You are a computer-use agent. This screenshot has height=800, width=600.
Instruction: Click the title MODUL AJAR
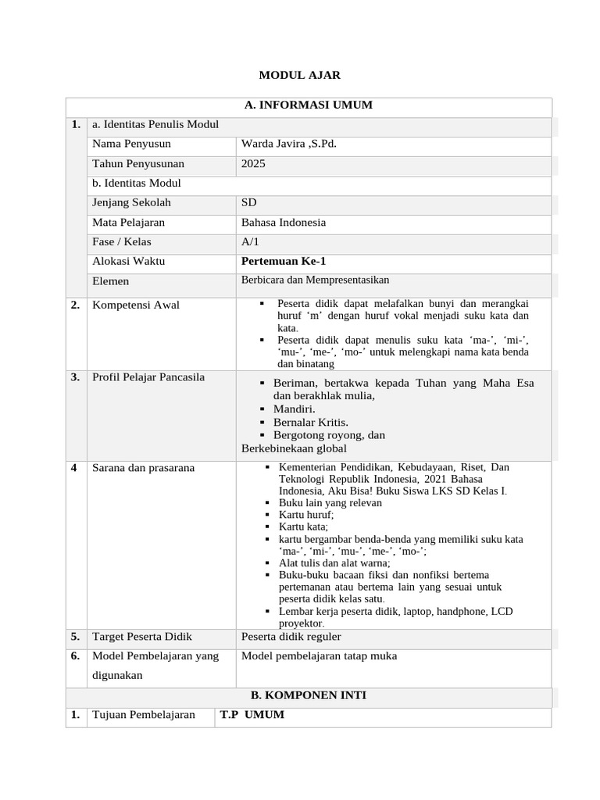(300, 75)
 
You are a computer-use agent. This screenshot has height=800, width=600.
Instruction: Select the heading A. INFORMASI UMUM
(309, 105)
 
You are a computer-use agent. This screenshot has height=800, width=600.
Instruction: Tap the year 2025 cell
(253, 163)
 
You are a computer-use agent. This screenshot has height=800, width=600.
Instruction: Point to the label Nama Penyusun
(131, 144)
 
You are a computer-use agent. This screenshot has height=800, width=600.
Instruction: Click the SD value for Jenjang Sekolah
(249, 202)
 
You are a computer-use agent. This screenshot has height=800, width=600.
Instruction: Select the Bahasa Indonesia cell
(284, 222)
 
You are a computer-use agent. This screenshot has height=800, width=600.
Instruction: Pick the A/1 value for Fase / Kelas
(250, 241)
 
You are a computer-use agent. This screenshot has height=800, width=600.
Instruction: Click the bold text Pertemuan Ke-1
(284, 261)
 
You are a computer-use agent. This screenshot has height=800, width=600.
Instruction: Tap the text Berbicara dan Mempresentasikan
(315, 280)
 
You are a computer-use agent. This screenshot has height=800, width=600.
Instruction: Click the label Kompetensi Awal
(136, 305)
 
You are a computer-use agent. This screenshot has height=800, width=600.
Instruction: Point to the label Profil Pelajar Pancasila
(148, 377)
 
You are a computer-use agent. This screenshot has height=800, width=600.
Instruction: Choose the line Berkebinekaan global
(294, 448)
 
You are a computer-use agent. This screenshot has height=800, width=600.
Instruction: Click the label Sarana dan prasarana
(143, 468)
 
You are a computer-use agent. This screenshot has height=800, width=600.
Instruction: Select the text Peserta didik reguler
(291, 637)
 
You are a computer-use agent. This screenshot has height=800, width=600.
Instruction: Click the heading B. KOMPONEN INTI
(309, 695)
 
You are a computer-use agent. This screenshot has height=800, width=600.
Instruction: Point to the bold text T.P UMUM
(252, 715)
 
